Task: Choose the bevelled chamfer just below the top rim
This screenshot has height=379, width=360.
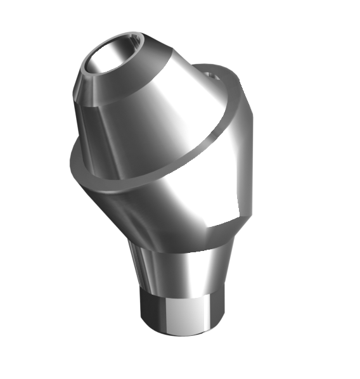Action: [x=95, y=89]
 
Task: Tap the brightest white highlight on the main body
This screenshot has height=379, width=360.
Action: [x=184, y=196]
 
